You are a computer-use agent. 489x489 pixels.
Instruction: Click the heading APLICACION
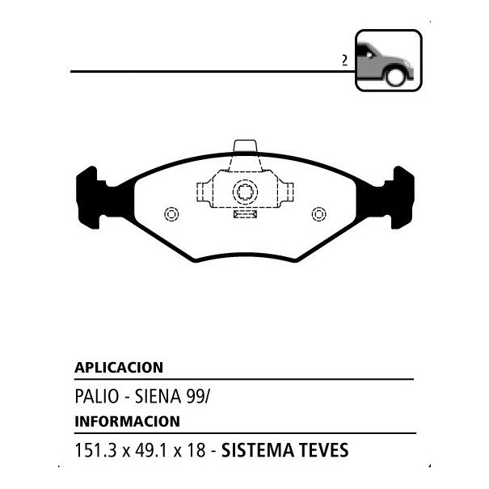click(119, 368)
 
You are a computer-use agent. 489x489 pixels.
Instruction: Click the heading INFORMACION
click(127, 421)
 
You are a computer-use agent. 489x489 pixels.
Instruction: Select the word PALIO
click(97, 396)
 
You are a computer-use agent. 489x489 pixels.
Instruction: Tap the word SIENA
click(158, 396)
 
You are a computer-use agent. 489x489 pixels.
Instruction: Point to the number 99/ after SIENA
click(198, 396)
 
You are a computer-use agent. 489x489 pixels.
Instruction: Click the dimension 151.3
click(95, 450)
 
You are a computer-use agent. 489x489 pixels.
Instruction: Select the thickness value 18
click(196, 450)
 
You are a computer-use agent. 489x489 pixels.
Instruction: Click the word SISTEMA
click(258, 450)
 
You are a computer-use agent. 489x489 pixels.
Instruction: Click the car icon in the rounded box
click(388, 61)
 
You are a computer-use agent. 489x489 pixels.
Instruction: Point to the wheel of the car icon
click(395, 77)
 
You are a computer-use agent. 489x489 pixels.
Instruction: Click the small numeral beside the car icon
click(344, 60)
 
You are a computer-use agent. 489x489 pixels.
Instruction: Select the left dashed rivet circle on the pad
click(171, 214)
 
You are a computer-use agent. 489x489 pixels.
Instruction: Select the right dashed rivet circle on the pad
click(318, 214)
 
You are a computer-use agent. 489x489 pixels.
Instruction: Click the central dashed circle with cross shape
click(245, 192)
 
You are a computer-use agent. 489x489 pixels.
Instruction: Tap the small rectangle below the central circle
click(245, 214)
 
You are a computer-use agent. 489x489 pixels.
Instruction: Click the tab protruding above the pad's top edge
click(245, 146)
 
